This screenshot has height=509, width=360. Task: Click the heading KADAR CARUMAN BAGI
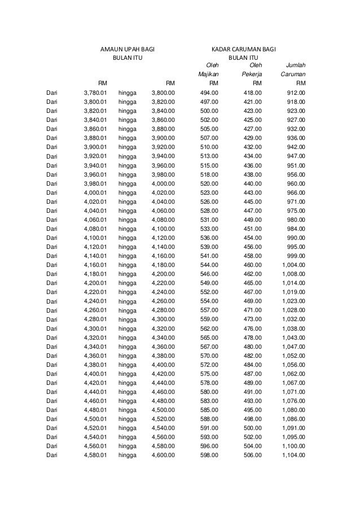pos(243,50)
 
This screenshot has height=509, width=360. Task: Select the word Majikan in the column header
pos(208,74)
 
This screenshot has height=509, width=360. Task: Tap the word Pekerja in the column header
pos(252,74)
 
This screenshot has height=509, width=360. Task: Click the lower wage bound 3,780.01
pos(95,93)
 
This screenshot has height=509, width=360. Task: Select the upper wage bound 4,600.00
pos(164,455)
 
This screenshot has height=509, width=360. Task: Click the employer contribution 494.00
pos(210,93)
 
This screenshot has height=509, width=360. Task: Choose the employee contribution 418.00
pos(252,93)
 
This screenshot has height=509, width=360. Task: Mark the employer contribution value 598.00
pos(210,455)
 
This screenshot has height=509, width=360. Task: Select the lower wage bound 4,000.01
pos(95,192)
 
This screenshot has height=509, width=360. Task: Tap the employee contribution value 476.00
pos(252,328)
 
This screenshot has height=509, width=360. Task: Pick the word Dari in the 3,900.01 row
pos(52,147)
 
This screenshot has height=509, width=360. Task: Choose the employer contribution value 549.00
pos(210,283)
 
